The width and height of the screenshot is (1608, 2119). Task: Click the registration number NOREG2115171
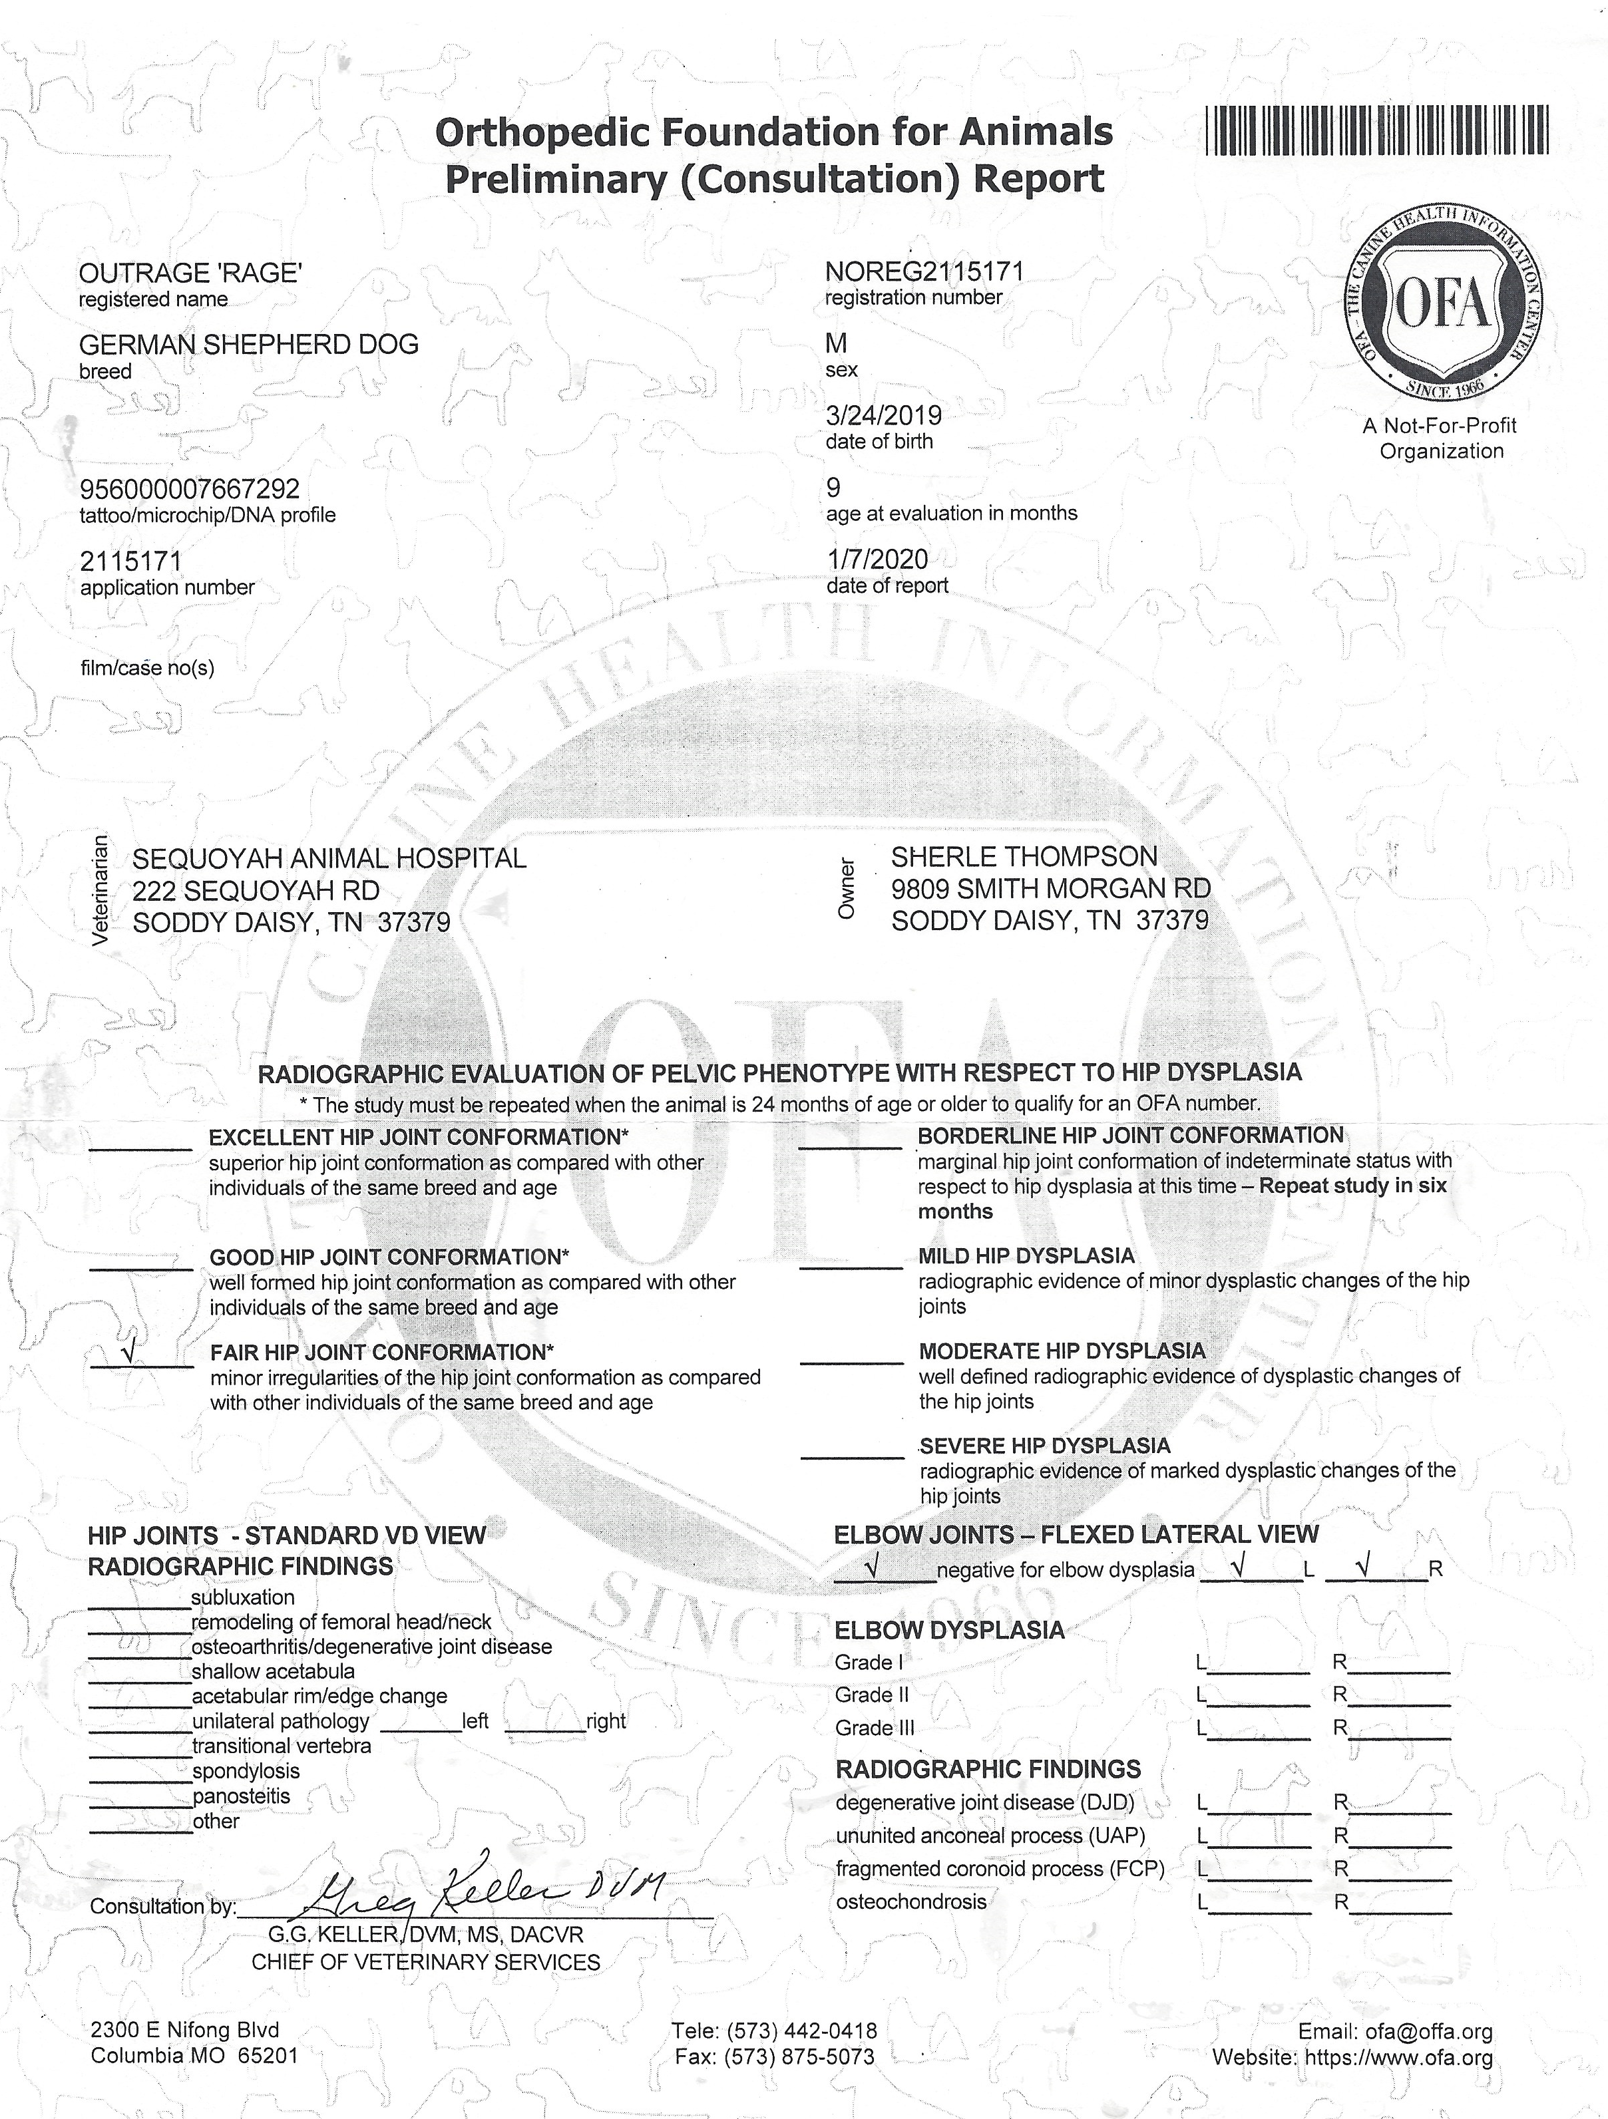pyautogui.click(x=924, y=272)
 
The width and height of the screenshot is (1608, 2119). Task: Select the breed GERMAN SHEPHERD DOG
pyautogui.click(x=249, y=344)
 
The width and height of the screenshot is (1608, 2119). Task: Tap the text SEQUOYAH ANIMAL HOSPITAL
pyautogui.click(x=329, y=858)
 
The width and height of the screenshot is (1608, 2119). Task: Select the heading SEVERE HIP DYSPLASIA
pyautogui.click(x=1044, y=1446)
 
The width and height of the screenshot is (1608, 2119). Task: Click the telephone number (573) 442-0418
pyautogui.click(x=801, y=2031)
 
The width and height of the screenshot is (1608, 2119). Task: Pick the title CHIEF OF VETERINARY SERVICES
pyautogui.click(x=425, y=1962)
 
